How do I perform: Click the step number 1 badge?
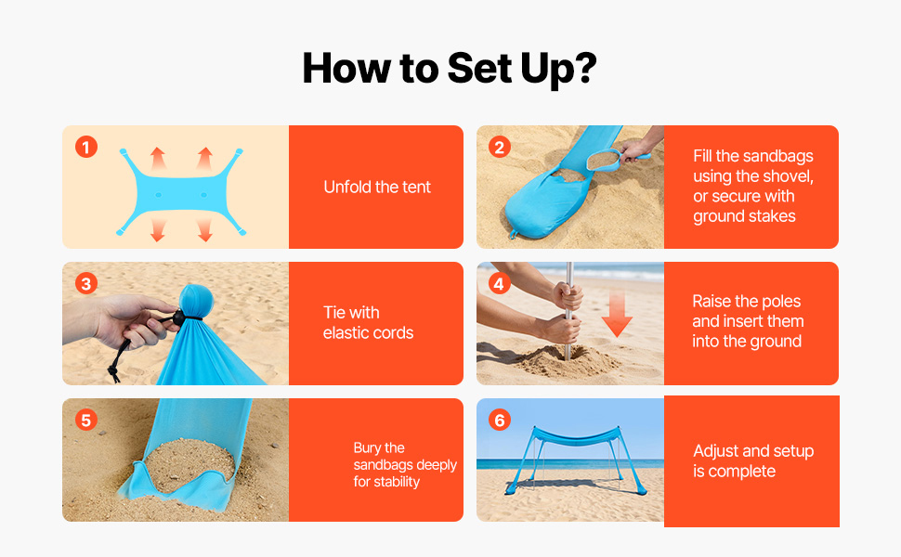click(86, 147)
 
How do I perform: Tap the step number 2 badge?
click(500, 147)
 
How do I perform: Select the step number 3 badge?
click(86, 284)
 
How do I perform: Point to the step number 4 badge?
click(500, 284)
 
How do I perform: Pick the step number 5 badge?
click(86, 421)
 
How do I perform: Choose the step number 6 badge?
click(500, 421)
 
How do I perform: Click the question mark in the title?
click(585, 68)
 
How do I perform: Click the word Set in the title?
click(479, 69)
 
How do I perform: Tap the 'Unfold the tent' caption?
click(377, 188)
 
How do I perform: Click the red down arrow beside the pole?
click(617, 314)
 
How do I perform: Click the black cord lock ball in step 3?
click(178, 317)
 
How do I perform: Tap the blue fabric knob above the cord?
click(196, 299)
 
